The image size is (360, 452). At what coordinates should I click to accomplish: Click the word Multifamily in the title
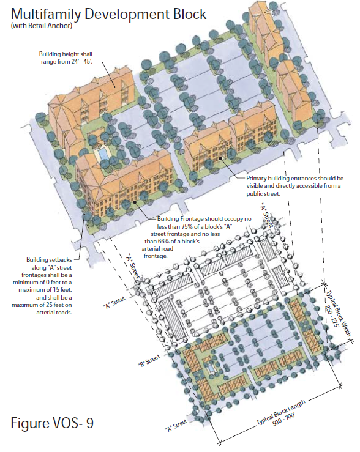[46, 14]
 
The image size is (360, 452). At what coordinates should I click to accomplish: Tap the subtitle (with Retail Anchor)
[42, 26]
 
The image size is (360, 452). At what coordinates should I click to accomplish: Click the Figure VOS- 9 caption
[52, 423]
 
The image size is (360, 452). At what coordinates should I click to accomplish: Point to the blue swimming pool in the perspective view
[103, 154]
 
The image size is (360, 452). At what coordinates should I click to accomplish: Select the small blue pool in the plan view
[211, 368]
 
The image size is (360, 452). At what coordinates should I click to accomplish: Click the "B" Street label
[149, 361]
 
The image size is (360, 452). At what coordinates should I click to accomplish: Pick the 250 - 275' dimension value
[332, 315]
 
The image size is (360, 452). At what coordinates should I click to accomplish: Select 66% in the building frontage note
[164, 241]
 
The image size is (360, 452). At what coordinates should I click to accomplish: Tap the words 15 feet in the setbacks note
[62, 290]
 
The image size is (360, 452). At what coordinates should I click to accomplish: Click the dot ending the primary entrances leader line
[220, 158]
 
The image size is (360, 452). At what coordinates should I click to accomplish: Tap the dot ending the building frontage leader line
[135, 202]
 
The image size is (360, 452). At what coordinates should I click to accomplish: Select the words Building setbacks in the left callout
[49, 260]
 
